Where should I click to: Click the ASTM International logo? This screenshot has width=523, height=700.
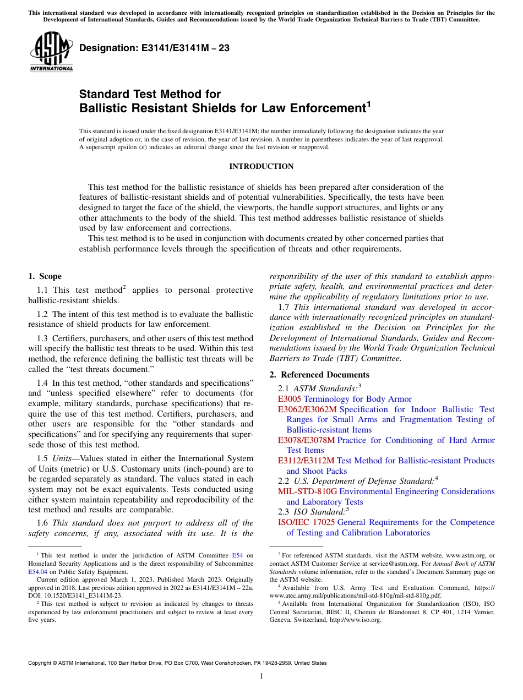[51, 52]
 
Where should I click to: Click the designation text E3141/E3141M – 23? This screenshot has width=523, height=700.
[154, 48]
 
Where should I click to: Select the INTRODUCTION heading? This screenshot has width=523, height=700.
[261, 166]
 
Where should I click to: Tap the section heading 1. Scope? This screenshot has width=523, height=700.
[45, 276]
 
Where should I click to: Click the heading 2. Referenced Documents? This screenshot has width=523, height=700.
[319, 375]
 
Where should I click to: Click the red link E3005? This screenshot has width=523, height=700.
[290, 399]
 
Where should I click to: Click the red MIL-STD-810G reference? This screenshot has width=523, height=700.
[307, 491]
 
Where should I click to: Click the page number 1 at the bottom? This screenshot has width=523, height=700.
[261, 676]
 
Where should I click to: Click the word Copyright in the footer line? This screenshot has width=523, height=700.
[41, 663]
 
